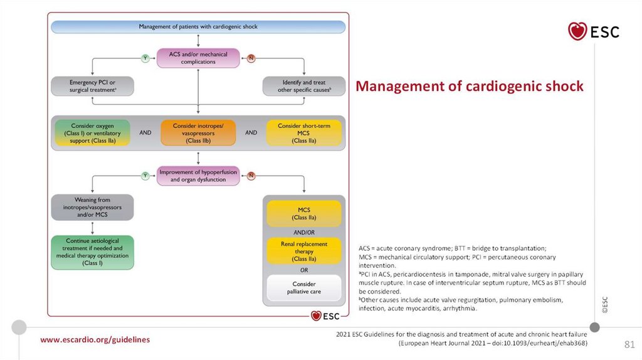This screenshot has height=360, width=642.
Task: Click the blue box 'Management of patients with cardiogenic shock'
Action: (198, 27)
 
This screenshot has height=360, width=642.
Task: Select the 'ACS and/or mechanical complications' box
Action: (198, 58)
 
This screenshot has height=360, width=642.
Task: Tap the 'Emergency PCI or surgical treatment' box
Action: (93, 87)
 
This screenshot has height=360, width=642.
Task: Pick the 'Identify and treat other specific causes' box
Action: (304, 87)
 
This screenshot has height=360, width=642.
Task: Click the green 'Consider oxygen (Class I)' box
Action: (92, 133)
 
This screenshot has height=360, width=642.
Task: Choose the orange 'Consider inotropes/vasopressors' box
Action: (197, 133)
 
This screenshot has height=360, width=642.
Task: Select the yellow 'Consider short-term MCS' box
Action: (303, 133)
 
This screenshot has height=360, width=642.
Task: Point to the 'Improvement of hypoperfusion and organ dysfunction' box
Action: (198, 176)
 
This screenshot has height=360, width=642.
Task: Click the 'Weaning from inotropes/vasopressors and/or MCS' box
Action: (93, 207)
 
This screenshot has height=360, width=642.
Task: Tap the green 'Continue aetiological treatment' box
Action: (93, 252)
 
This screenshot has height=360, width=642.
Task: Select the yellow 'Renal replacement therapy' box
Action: (304, 250)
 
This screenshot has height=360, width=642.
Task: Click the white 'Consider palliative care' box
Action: (304, 288)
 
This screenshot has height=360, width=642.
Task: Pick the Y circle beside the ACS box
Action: (145, 58)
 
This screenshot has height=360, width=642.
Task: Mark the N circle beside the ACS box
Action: (251, 58)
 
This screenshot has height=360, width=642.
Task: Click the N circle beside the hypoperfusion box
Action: (251, 176)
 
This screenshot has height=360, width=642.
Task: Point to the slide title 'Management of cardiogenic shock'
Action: (470, 87)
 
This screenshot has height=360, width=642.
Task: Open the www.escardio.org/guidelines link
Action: (95, 339)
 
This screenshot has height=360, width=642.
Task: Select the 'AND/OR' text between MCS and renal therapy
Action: (304, 231)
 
